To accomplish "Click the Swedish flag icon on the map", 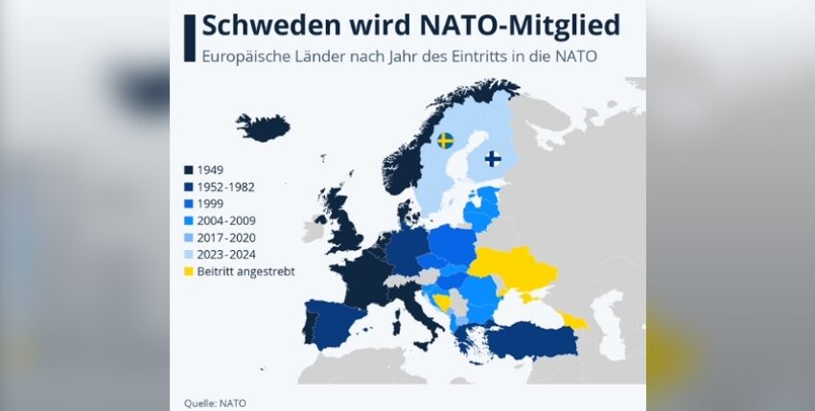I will click(445, 141).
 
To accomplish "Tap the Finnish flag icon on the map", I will click(492, 158).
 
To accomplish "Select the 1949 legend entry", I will click(211, 170).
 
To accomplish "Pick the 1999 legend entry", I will click(211, 203).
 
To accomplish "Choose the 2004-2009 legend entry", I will click(226, 220).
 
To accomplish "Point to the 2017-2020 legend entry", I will click(226, 237).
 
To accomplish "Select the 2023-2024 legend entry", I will click(226, 254).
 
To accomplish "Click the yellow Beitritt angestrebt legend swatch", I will click(189, 271).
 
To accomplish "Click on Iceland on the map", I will click(263, 127).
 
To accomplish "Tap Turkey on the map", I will click(532, 337).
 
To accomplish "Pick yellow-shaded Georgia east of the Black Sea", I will click(574, 319).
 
